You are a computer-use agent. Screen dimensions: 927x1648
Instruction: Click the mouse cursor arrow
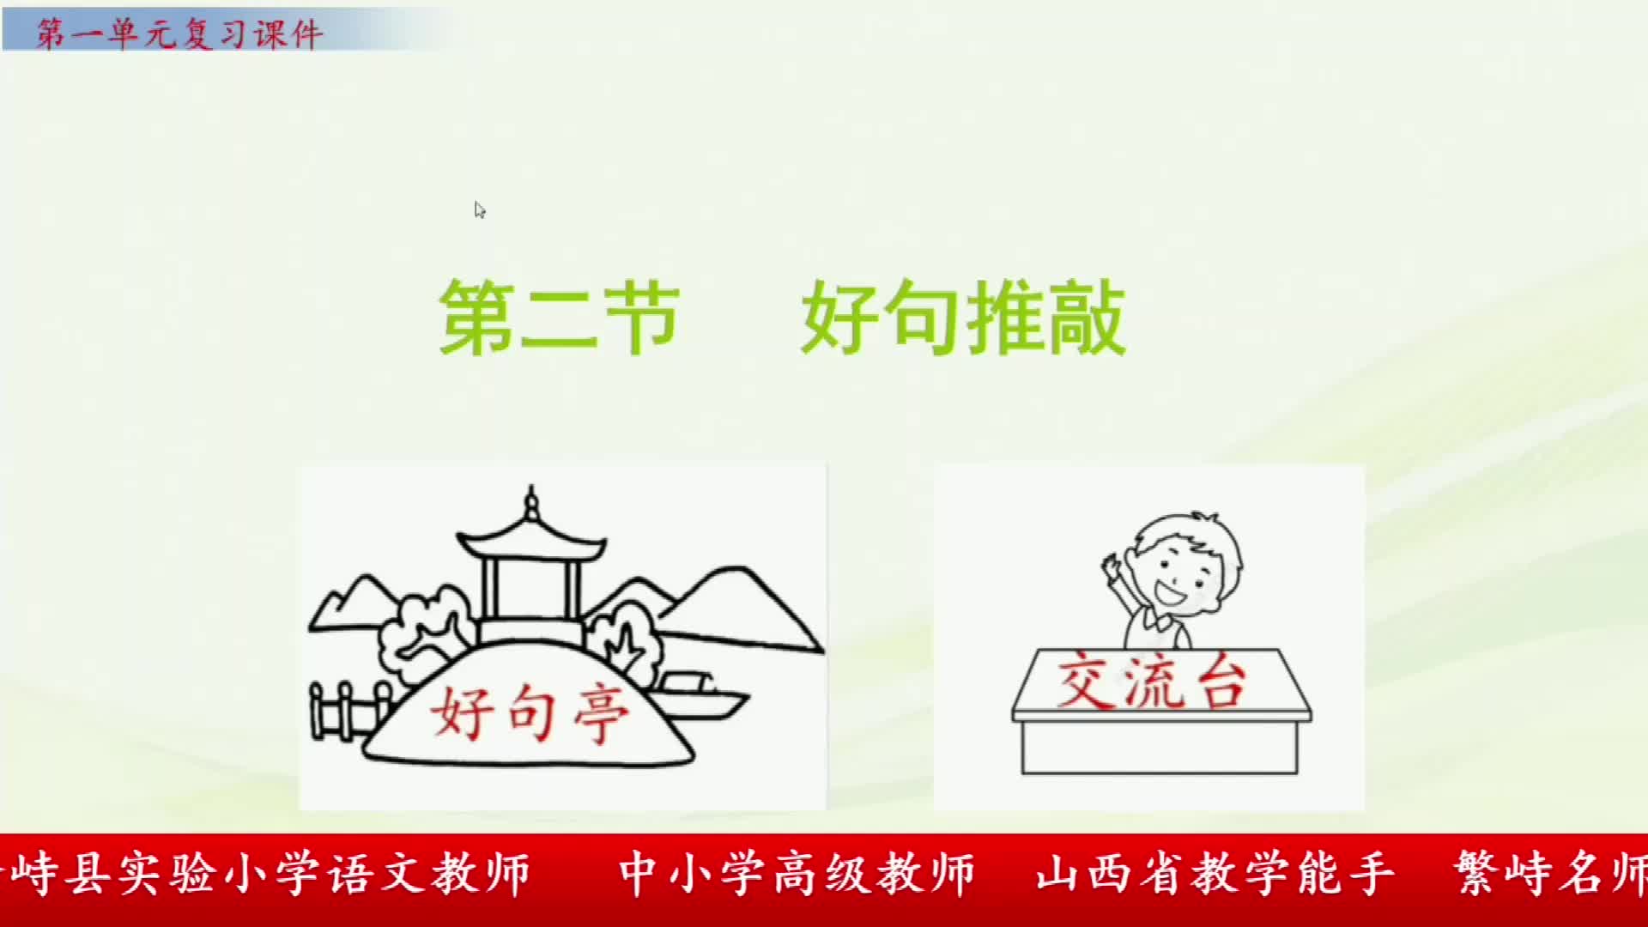coord(479,210)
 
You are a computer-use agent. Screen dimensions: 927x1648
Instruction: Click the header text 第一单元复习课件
coord(179,34)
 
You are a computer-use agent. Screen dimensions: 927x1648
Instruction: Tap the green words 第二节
coord(559,318)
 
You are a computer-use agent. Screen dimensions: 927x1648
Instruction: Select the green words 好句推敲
coord(962,318)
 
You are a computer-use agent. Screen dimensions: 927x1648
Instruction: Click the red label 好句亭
coord(530,712)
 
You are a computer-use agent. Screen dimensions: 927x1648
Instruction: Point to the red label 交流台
coord(1150,683)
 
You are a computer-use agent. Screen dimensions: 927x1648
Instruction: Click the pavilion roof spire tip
coord(531,490)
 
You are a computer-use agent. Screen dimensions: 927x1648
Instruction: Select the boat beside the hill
coord(700,695)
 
